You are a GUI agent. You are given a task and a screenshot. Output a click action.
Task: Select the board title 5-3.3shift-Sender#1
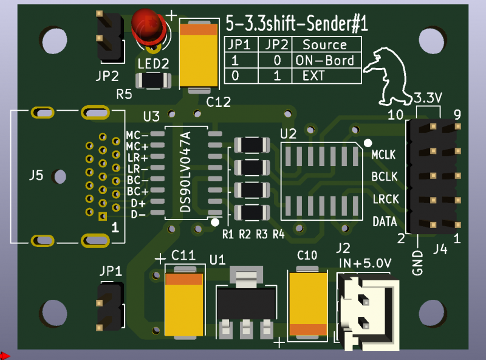(296, 24)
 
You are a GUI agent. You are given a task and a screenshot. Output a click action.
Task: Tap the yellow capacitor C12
(198, 55)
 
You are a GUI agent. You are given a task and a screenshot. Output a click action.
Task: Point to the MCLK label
(383, 155)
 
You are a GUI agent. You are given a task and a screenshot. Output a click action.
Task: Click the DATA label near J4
(384, 221)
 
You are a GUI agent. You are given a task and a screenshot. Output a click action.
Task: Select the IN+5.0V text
(364, 263)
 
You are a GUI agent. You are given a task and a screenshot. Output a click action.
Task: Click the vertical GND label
(417, 263)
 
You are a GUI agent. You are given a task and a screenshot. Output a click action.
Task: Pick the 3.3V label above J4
(428, 97)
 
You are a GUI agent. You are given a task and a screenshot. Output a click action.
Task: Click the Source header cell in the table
(324, 44)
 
